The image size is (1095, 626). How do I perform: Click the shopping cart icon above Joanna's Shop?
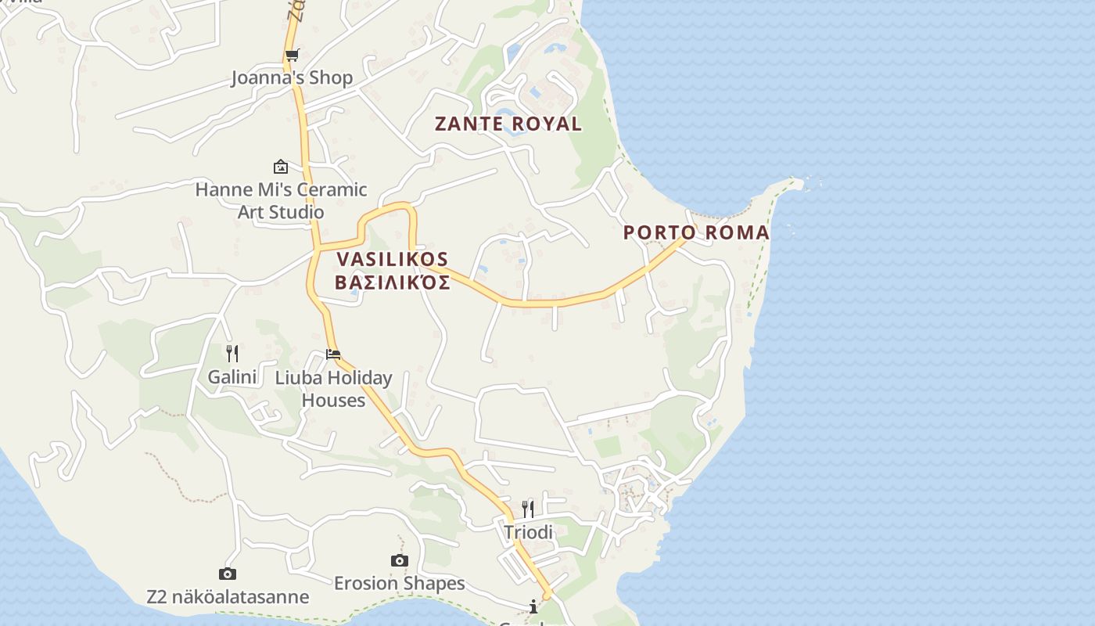pos(292,55)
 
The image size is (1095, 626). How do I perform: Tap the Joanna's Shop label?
pos(292,77)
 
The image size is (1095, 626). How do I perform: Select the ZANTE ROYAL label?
pos(508,124)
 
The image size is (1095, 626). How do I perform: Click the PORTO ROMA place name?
pos(696,232)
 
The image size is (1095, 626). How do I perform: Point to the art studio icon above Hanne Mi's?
pos(281,167)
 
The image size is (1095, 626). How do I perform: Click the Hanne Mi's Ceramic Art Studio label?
pos(281,200)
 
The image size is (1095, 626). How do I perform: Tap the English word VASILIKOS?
pos(393,259)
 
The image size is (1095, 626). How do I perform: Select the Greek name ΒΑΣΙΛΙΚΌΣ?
pos(393,282)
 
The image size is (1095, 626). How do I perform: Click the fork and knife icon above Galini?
pos(232,354)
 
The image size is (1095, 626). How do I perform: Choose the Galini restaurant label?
pos(232,377)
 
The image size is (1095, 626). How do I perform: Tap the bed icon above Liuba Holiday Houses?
pos(333,354)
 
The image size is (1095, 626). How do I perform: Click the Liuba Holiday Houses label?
pos(334,389)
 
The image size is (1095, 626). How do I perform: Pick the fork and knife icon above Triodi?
pos(528,509)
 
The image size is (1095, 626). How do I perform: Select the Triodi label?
pos(528,532)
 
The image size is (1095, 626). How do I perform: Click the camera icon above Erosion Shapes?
pos(400,560)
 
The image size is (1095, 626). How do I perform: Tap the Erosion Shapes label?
pos(400,583)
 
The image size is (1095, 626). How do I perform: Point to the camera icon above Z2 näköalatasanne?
pos(228,574)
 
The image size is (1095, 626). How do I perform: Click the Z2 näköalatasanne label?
pos(228,597)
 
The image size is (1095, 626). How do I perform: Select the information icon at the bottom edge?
pos(533,607)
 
